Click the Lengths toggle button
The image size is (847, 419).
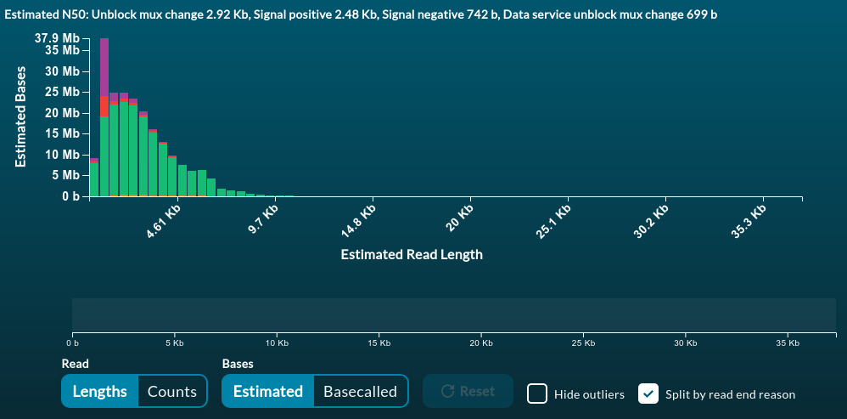click(99, 391)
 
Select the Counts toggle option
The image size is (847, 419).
click(172, 391)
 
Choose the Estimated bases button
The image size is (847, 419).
click(267, 391)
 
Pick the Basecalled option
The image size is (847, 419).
click(360, 391)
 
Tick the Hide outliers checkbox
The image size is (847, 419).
click(536, 394)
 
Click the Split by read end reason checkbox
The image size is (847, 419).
click(648, 394)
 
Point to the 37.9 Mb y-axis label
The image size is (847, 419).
click(58, 38)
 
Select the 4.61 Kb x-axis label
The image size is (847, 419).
click(163, 220)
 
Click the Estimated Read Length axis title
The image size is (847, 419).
click(411, 254)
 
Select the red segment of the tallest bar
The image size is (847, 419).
click(104, 106)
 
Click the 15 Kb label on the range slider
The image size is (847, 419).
click(379, 343)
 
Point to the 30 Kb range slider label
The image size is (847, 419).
click(685, 343)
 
